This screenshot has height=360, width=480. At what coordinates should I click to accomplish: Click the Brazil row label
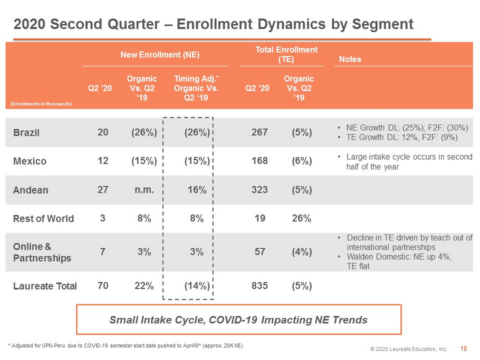click(27, 133)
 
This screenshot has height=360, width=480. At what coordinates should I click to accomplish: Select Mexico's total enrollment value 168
click(260, 161)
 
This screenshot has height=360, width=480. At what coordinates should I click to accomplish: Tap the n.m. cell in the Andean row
click(144, 190)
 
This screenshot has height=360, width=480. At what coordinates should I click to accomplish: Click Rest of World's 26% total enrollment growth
click(302, 218)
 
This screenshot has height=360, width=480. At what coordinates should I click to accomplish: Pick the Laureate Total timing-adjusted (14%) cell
click(197, 286)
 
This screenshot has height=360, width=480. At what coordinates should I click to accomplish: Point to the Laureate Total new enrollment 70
click(103, 286)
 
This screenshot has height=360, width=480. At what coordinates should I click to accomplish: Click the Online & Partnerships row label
click(42, 252)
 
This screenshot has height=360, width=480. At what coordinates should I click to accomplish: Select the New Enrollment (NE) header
click(160, 55)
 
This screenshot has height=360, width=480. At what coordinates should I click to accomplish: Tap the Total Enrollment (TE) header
click(286, 54)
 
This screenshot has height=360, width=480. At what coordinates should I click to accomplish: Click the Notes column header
click(350, 59)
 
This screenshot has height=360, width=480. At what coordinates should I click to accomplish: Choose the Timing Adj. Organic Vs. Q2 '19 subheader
click(196, 88)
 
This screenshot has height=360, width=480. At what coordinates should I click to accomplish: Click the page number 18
click(464, 349)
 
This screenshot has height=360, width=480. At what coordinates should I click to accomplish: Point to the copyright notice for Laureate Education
click(409, 349)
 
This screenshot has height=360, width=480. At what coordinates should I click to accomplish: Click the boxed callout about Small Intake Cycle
click(239, 319)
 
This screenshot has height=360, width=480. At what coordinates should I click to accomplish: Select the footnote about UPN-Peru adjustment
click(125, 346)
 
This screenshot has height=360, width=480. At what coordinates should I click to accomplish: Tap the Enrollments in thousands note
click(41, 104)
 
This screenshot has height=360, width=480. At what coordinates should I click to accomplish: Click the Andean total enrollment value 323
click(260, 190)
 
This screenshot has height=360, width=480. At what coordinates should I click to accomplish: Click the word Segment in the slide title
click(383, 24)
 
